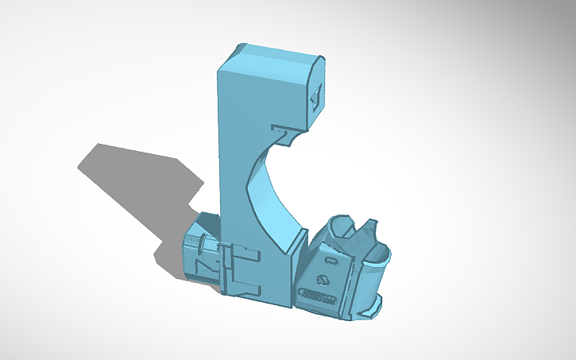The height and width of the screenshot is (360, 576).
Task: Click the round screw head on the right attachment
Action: pyautogui.click(x=322, y=279)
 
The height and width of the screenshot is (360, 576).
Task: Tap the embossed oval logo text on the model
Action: pyautogui.click(x=319, y=296)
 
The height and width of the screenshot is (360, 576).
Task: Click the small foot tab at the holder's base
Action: pyautogui.click(x=377, y=303)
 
